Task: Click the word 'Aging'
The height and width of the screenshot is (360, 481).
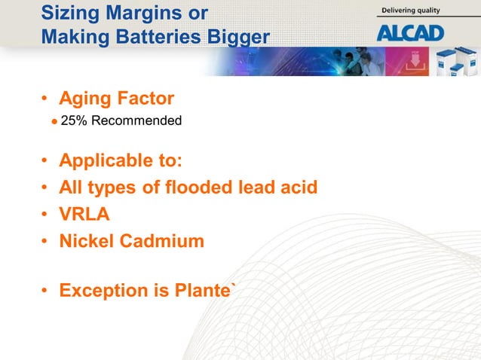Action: pyautogui.click(x=85, y=99)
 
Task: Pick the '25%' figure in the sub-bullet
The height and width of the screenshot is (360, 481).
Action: pyautogui.click(x=73, y=121)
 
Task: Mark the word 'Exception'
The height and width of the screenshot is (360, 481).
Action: pyautogui.click(x=103, y=291)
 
